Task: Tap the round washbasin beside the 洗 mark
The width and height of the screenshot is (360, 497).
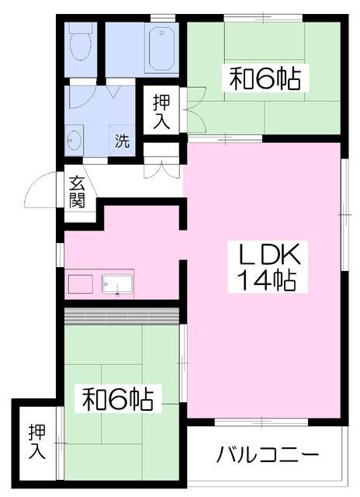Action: pyautogui.click(x=74, y=140)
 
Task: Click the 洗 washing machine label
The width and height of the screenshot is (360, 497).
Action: pyautogui.click(x=122, y=141)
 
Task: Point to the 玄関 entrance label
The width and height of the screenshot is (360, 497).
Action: pyautogui.click(x=77, y=192)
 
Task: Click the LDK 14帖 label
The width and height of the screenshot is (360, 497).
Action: pyautogui.click(x=268, y=267)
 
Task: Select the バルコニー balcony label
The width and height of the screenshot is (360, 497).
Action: pyautogui.click(x=268, y=455)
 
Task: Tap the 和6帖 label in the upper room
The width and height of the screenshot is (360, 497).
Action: pyautogui.click(x=265, y=78)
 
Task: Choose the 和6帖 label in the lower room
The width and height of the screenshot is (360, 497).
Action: pyautogui.click(x=118, y=398)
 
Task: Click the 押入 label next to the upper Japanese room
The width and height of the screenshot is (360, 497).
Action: pyautogui.click(x=161, y=112)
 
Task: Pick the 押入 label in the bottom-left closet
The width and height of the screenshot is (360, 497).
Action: pyautogui.click(x=37, y=442)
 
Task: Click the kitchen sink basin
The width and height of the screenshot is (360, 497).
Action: pyautogui.click(x=117, y=284)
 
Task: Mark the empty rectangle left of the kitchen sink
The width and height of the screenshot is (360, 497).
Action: pyautogui.click(x=81, y=284)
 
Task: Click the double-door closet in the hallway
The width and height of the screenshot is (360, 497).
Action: pyautogui.click(x=162, y=162)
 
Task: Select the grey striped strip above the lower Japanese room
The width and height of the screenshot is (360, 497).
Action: pyautogui.click(x=122, y=316)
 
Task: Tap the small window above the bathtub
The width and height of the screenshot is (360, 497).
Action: pyautogui.click(x=163, y=17)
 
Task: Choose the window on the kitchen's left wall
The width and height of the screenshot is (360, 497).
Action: pyautogui.click(x=61, y=255)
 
